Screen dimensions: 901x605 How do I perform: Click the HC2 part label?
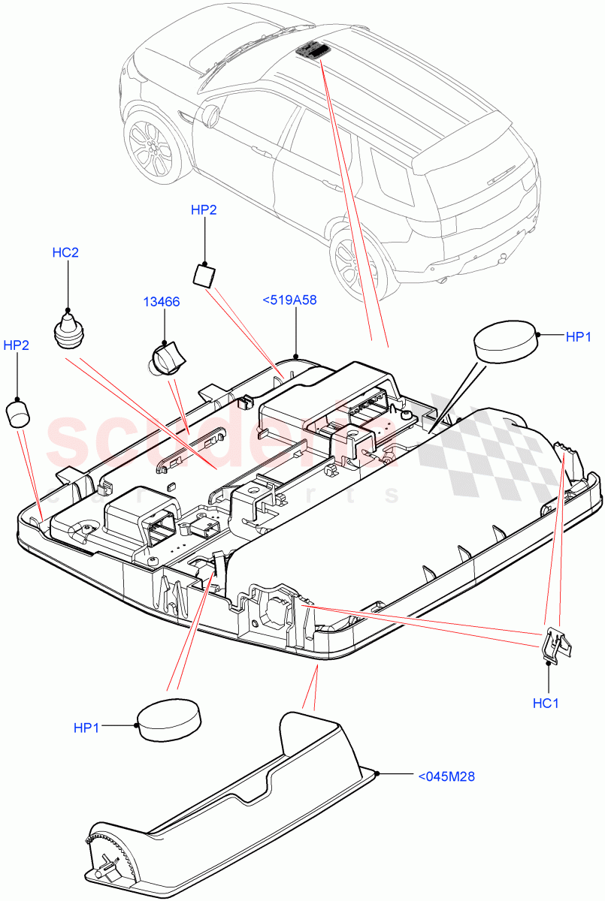65,252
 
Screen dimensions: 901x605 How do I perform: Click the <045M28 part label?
446,776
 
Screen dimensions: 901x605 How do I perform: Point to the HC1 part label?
546,704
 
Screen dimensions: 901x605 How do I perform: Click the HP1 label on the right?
580,338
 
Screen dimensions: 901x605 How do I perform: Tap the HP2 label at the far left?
17,345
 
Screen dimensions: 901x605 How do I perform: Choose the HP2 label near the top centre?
204,210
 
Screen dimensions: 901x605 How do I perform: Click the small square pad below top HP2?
204,276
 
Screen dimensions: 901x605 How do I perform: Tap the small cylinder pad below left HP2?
18,413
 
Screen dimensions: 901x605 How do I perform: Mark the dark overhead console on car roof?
313,50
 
